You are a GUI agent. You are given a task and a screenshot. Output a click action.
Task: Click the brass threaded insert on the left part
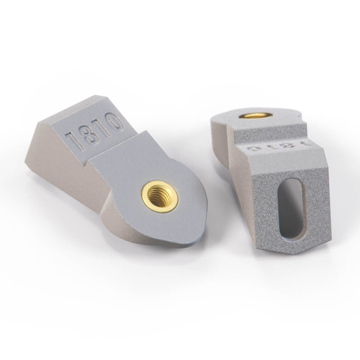click(x=160, y=197)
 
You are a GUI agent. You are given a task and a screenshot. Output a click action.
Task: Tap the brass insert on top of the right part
click(x=256, y=115)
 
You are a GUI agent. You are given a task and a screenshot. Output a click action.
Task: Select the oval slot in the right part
click(x=291, y=209)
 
